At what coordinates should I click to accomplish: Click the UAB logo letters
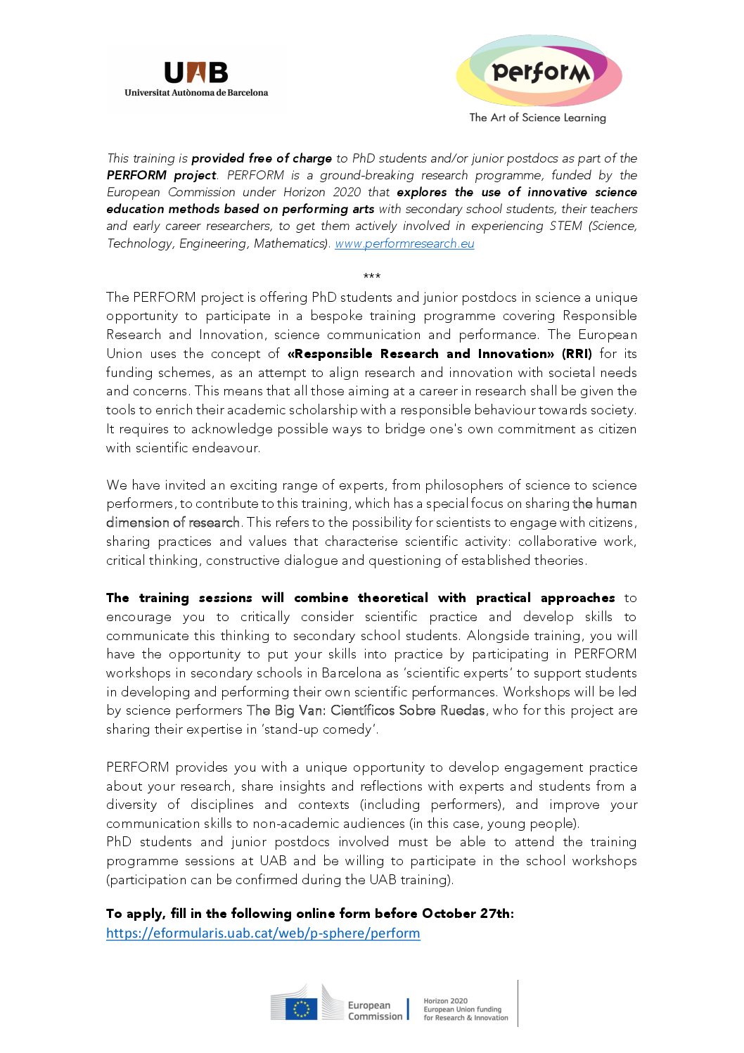[x=195, y=72]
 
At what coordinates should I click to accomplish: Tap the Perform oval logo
[x=539, y=72]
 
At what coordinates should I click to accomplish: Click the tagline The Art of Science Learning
[x=537, y=117]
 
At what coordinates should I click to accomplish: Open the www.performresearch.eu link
[x=404, y=243]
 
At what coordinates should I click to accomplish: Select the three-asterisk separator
[x=372, y=276]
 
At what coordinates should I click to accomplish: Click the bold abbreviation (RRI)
[x=577, y=354]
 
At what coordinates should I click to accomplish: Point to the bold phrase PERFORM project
[x=162, y=175]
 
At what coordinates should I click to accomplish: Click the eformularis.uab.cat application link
[x=263, y=933]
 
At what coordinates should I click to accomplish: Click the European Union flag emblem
[x=301, y=1009]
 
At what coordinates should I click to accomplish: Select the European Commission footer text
[x=375, y=1011]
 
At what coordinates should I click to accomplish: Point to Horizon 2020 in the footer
[x=445, y=1001]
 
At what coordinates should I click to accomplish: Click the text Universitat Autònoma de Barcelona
[x=196, y=92]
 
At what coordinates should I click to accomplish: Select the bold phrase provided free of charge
[x=262, y=158]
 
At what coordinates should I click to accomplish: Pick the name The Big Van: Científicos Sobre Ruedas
[x=366, y=710]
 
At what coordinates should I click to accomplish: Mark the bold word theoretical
[x=392, y=598]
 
